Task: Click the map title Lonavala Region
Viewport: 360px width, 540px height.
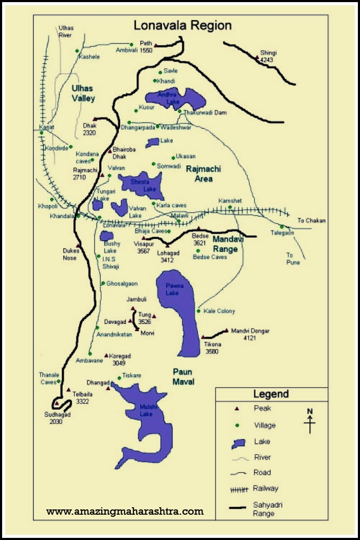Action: [182, 25]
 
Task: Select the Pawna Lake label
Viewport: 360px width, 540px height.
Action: [172, 290]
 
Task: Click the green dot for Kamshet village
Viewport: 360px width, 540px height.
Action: [230, 208]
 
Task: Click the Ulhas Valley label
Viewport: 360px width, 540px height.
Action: [83, 93]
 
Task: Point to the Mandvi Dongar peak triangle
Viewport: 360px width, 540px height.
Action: [227, 331]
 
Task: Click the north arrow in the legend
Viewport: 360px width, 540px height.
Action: [310, 421]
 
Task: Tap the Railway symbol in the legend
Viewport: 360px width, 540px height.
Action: [239, 489]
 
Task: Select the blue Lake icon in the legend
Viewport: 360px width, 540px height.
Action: [238, 443]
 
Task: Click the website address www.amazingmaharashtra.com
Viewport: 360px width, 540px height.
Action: [125, 511]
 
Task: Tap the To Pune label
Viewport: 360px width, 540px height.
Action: [293, 258]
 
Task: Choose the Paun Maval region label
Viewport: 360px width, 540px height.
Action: [183, 377]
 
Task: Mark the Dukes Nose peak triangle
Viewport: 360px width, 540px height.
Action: [79, 246]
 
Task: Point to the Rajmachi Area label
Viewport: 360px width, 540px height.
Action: [203, 173]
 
